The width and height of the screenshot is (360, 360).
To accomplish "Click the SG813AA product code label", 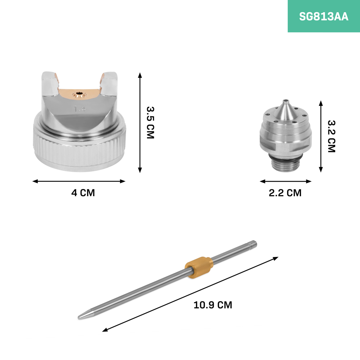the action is (x=324, y=17).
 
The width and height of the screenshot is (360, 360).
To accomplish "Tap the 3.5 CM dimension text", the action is (x=150, y=123).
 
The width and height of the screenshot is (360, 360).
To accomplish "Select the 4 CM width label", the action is (x=83, y=193).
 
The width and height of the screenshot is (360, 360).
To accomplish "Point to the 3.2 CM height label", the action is (x=331, y=136).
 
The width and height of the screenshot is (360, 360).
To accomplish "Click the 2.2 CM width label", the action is (x=285, y=193).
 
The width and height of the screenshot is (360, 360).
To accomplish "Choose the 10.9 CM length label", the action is (x=213, y=305).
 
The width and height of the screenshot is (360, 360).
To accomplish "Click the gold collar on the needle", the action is (x=199, y=267).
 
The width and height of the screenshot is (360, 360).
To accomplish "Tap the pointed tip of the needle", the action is (x=79, y=318).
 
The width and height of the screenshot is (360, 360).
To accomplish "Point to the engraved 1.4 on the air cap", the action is (x=80, y=109).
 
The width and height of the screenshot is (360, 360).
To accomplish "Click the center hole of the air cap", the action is (x=80, y=93).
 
